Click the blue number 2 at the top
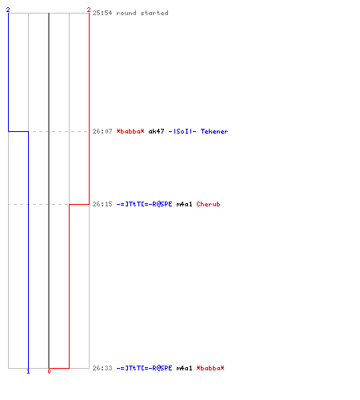(8, 10)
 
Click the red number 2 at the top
(89, 10)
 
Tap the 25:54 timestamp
(102, 13)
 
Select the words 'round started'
(142, 13)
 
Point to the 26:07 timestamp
(102, 131)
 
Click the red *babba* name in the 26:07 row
(130, 131)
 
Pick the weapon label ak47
(156, 131)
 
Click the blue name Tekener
(214, 131)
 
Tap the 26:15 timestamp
(102, 204)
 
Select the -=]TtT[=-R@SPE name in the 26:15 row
(144, 204)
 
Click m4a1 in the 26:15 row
(184, 204)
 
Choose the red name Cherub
(208, 204)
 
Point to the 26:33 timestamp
(102, 368)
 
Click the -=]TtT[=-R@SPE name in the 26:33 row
(144, 368)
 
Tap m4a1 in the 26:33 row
(184, 368)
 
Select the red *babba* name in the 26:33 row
(210, 368)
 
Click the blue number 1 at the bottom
(28, 371)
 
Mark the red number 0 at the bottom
(49, 371)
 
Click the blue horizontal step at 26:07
(18, 131)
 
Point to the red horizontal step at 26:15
(79, 204)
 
